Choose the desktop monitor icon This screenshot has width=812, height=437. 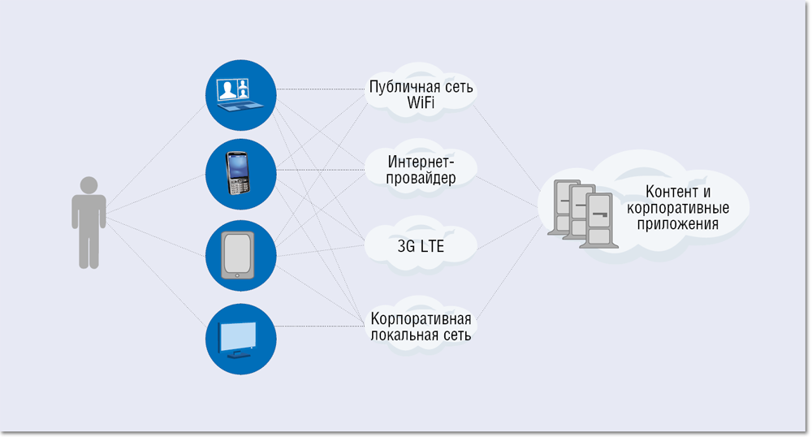(240, 337)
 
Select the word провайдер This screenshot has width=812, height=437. (421, 178)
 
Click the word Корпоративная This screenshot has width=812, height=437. (421, 318)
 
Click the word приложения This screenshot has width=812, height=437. (677, 225)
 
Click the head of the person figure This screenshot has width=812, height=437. (89, 184)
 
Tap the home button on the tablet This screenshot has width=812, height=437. (237, 278)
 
